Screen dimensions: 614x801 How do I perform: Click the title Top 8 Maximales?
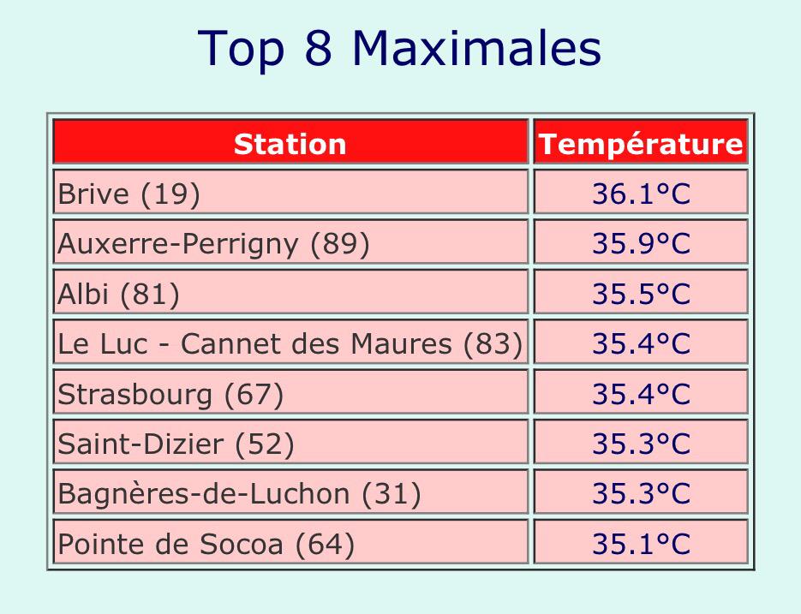[x=400, y=49]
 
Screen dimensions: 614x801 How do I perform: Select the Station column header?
[x=290, y=143]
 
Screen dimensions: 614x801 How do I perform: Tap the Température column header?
[x=641, y=143]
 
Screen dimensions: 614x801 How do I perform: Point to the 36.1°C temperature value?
[x=641, y=194]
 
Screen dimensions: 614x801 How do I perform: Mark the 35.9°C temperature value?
[x=641, y=244]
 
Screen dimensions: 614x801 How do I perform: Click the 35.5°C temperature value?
[x=641, y=294]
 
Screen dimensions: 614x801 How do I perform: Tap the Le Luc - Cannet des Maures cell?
[x=290, y=343]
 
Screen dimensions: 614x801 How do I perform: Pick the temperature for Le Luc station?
[x=641, y=343]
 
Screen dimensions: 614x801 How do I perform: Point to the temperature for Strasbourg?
[x=641, y=394]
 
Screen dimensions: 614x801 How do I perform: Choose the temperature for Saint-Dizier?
[x=641, y=444]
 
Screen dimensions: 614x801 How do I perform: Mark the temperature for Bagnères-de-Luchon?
[x=641, y=493]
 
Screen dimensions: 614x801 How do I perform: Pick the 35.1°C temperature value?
[x=641, y=544]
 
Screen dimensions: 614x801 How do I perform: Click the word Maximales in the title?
[x=477, y=49]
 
